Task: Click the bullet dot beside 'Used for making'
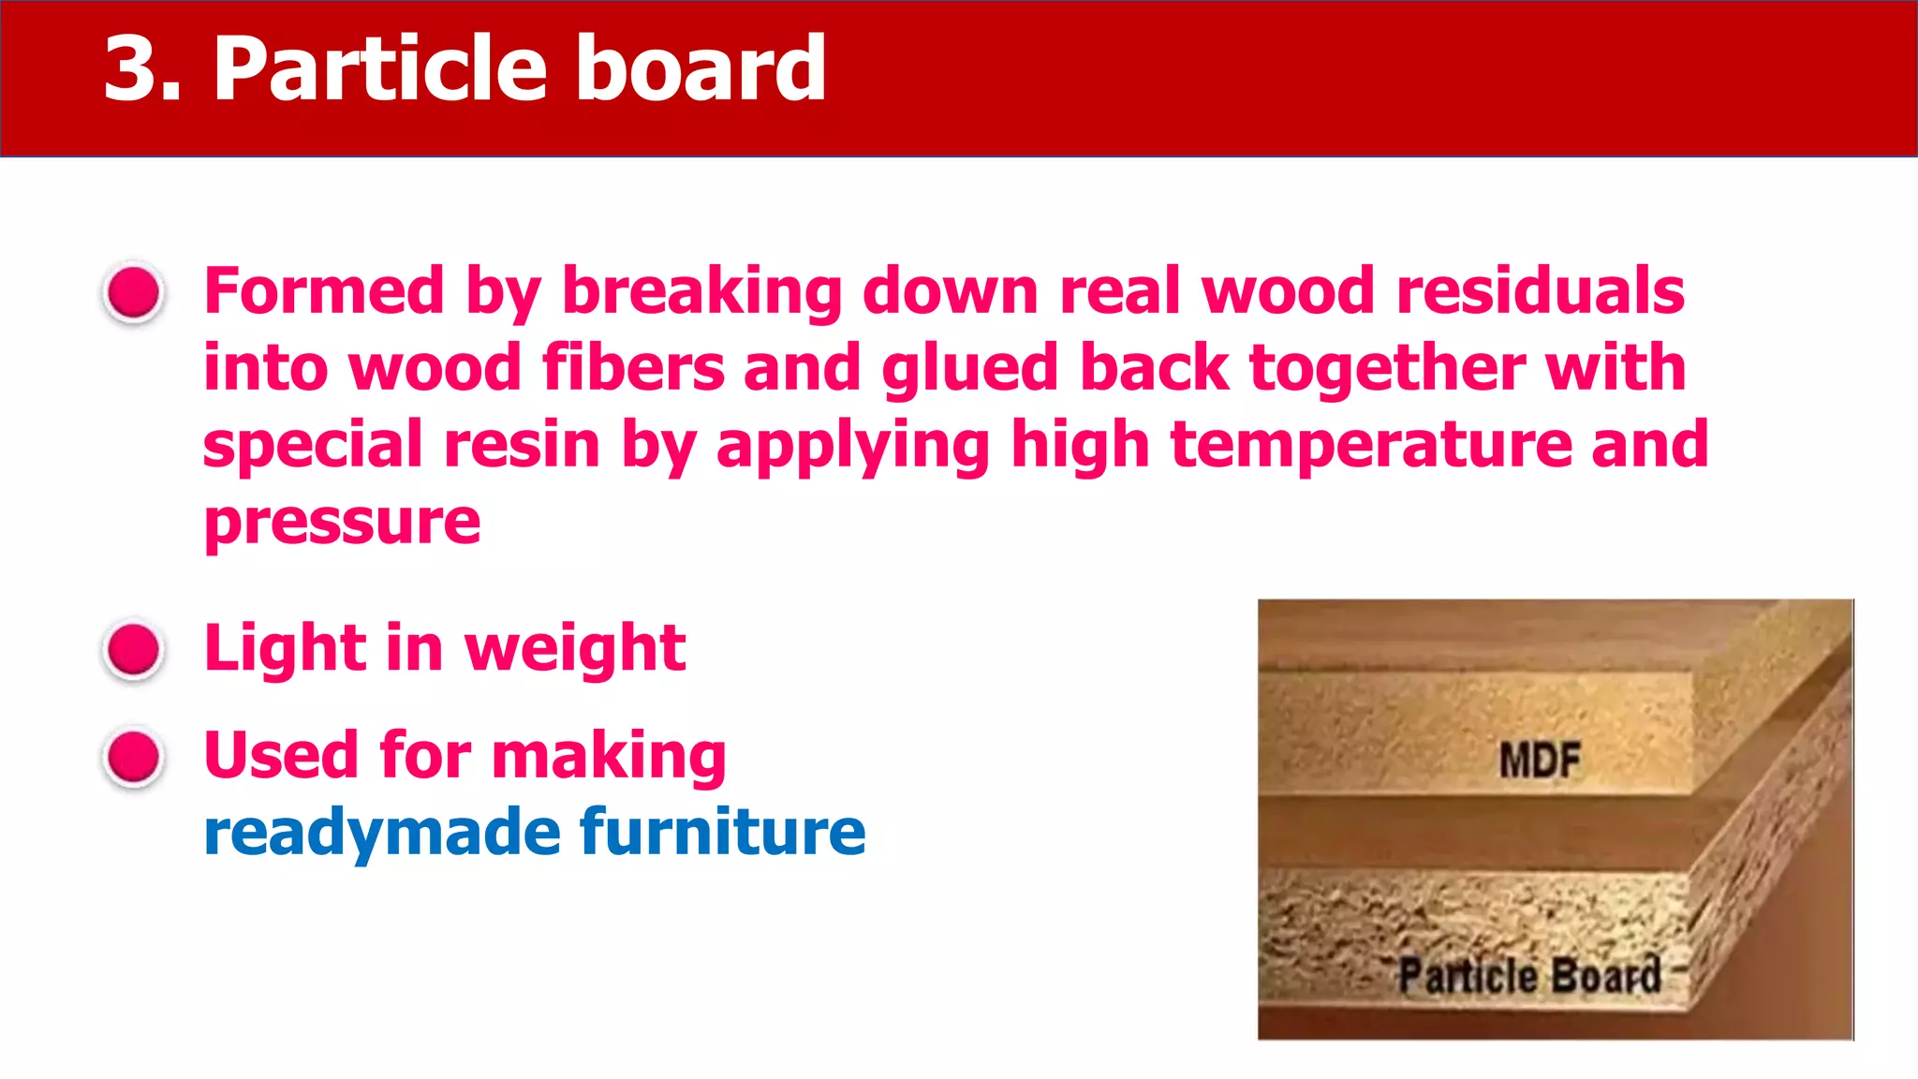point(134,756)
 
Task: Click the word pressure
point(342,522)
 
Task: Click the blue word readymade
point(381,833)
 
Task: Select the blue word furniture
point(723,831)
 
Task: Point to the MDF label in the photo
point(1539,760)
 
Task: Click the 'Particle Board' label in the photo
point(1529,975)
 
